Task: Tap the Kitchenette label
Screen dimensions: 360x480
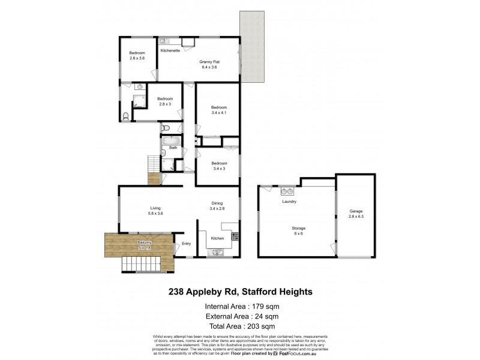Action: (x=170, y=50)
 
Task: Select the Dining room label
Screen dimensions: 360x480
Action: (x=217, y=203)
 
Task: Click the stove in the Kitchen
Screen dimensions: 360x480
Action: (x=235, y=236)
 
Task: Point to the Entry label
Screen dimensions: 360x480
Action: (x=186, y=243)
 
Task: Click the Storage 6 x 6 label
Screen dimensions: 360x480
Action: (x=298, y=230)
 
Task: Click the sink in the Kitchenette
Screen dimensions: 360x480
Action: (x=166, y=41)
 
